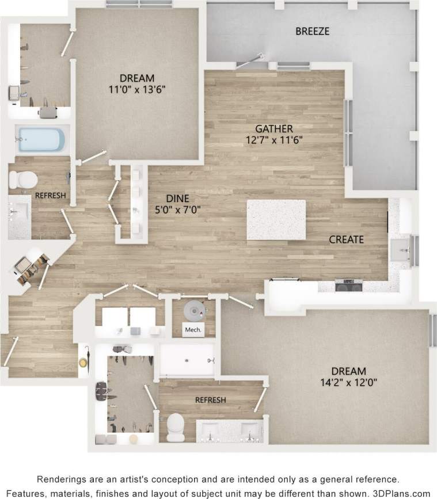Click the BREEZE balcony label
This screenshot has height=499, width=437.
point(312,31)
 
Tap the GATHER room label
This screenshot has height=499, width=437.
point(275,128)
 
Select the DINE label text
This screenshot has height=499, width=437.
point(177,198)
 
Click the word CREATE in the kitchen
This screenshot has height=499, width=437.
point(346,239)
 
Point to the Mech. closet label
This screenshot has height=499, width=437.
point(191,330)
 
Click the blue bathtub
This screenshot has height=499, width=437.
point(40,140)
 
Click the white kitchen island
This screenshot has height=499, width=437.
point(276,219)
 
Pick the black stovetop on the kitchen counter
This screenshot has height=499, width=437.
point(349,284)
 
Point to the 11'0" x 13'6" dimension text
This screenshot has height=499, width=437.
point(137,89)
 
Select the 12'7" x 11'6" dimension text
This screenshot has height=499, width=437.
point(275,139)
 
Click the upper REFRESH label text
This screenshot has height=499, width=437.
point(51,196)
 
